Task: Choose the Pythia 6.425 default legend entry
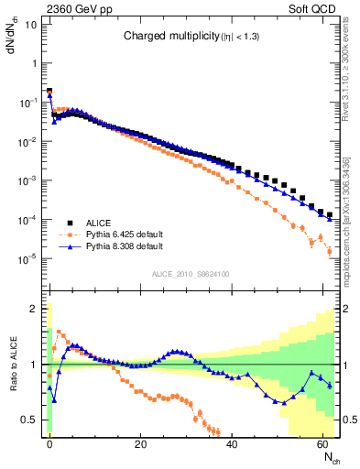click(125, 234)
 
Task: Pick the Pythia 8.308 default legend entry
click(125, 247)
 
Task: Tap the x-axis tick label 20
click(140, 443)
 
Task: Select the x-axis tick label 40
click(232, 443)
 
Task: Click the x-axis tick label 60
click(322, 443)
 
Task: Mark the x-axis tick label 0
click(49, 443)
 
